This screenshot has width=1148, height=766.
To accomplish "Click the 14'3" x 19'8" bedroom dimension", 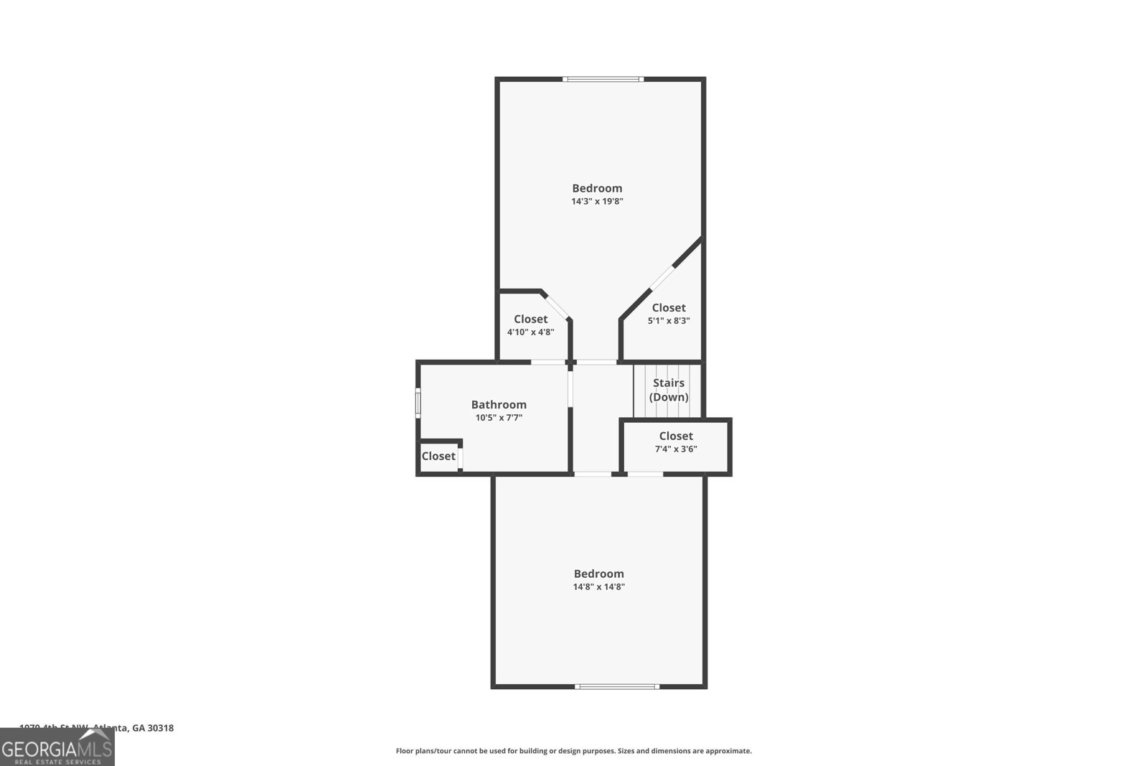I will point(597,202).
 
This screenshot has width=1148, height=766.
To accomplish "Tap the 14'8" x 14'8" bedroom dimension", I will point(598,587).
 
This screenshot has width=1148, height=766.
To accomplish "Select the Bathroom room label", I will point(499,405).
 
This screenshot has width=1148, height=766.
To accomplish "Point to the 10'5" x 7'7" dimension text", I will point(499,417).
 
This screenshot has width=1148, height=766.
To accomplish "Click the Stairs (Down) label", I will point(669,390).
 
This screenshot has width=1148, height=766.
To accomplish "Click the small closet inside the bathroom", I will point(438,457).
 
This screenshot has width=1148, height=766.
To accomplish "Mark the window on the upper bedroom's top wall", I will point(603,79).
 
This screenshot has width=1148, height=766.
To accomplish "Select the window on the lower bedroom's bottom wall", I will point(617,687).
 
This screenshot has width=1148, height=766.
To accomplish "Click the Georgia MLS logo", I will point(57,748).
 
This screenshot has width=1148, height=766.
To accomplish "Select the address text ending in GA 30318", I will point(97,727).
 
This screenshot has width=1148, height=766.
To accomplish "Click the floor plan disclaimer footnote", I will point(574,751).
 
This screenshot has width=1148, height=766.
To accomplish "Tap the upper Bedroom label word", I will point(597,188).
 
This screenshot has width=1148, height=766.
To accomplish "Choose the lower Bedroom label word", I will point(598,574).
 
